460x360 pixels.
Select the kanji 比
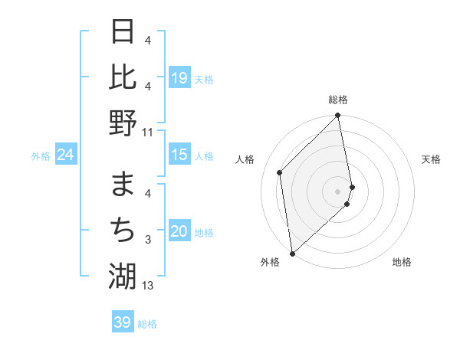click(123, 77)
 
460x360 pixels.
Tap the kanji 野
click(123, 123)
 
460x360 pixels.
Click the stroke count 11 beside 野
click(148, 132)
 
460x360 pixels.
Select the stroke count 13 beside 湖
click(148, 286)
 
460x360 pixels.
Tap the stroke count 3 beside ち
click(148, 241)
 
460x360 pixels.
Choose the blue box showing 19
click(179, 78)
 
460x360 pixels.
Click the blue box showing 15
click(179, 155)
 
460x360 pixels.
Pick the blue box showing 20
click(179, 232)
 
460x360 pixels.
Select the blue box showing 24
click(65, 155)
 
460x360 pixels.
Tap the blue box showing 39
click(122, 322)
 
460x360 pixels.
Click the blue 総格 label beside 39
click(147, 324)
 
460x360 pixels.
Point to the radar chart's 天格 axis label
click(431, 159)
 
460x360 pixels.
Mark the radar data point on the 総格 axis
click(338, 116)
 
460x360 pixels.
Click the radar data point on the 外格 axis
click(292, 253)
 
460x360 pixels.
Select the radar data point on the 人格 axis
click(280, 172)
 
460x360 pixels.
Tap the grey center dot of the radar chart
click(338, 191)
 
